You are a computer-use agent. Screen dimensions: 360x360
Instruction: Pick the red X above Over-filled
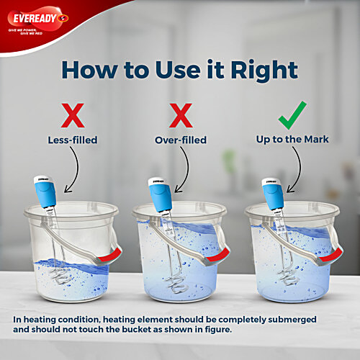coord(179,115)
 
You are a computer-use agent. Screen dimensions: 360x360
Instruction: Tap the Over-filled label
coord(179,140)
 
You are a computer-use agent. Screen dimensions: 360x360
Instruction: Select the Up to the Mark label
coord(292,140)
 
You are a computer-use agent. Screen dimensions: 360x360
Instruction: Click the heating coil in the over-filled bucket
coord(173,277)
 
